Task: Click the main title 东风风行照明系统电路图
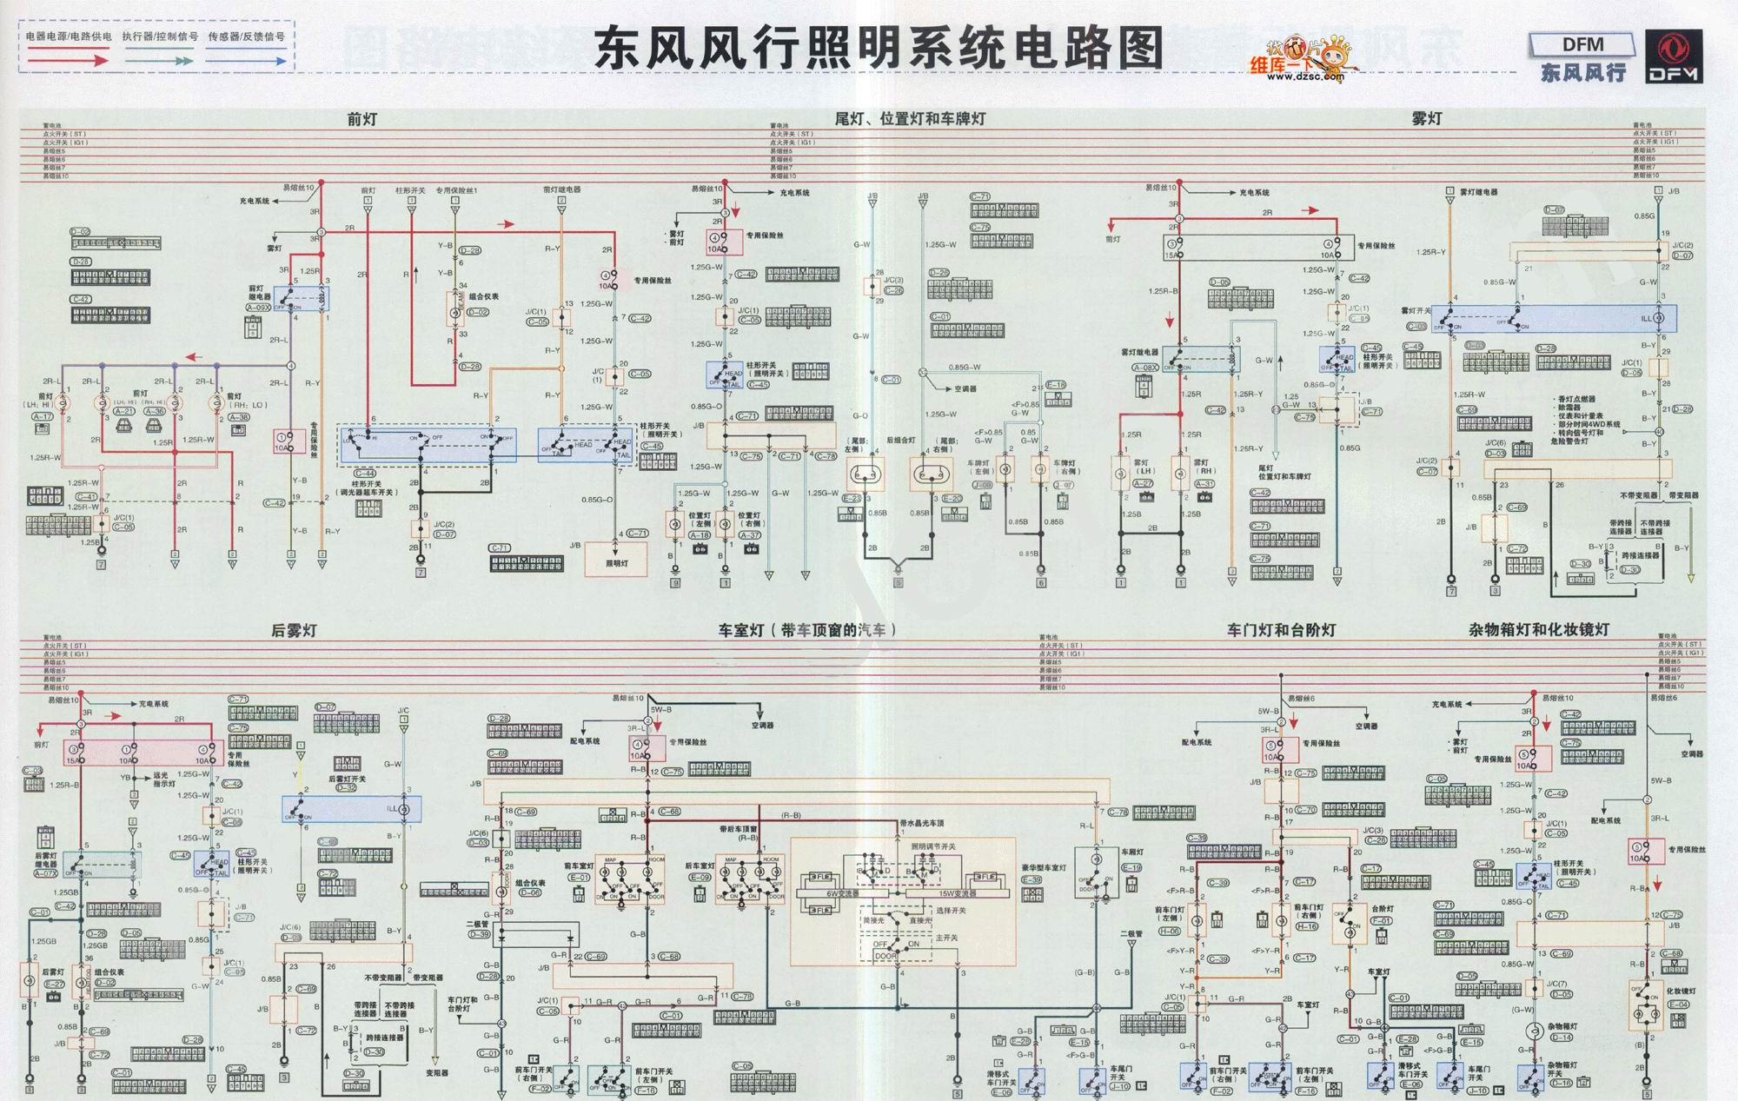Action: pos(878,48)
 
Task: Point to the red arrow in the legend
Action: pos(68,60)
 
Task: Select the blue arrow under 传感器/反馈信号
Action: pos(246,61)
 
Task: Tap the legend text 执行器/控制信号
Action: pos(160,37)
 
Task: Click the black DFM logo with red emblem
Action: pos(1674,56)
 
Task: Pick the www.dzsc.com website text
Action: pos(1304,77)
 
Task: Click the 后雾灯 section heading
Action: pos(294,631)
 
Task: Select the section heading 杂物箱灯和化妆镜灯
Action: pos(1539,630)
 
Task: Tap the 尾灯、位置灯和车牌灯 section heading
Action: pos(910,119)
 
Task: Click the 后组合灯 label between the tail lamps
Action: pos(900,441)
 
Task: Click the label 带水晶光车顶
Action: pos(922,823)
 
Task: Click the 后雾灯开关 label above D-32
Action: pos(347,779)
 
